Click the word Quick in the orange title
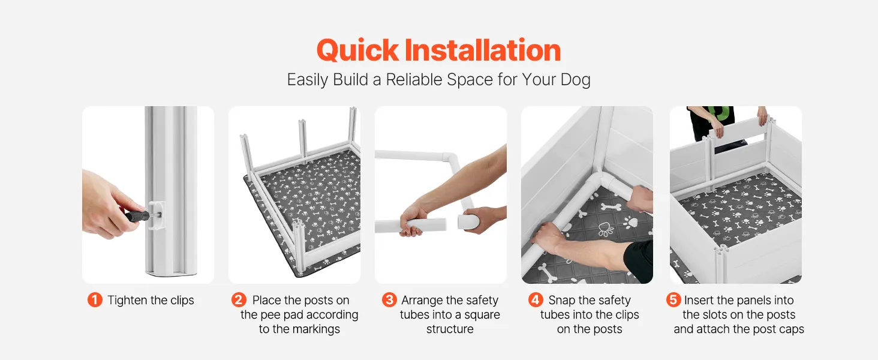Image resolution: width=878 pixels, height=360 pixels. (x=357, y=51)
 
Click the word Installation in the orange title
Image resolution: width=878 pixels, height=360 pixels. (x=483, y=50)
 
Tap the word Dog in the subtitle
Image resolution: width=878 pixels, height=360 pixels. (x=575, y=80)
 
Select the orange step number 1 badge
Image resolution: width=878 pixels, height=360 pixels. (x=95, y=300)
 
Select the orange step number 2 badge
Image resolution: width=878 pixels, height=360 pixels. (x=239, y=300)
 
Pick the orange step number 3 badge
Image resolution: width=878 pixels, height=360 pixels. (x=389, y=300)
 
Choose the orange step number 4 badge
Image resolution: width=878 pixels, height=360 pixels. (x=536, y=300)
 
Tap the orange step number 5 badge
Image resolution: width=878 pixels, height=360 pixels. (x=673, y=300)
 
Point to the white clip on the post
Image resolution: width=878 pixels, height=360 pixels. (x=157, y=215)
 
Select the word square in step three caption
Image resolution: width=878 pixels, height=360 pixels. (x=482, y=315)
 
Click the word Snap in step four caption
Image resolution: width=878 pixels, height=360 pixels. (x=562, y=301)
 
